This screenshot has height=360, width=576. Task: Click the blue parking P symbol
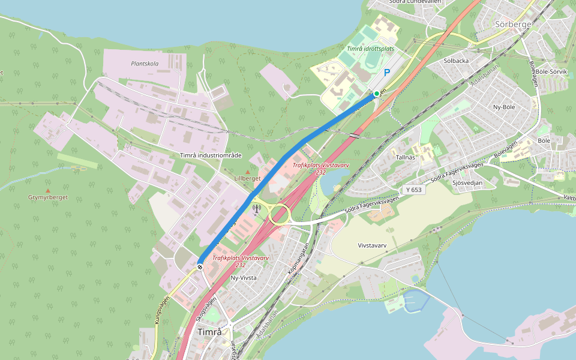click(387, 72)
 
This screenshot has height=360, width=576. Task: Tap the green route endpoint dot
click(377, 94)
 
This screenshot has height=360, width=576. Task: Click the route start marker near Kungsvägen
click(200, 267)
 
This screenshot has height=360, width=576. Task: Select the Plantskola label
click(145, 64)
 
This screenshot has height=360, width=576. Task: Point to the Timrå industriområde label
click(211, 155)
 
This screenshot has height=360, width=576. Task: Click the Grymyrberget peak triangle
click(48, 191)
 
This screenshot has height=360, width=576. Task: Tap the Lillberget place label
click(248, 179)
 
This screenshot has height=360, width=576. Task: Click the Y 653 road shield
click(413, 190)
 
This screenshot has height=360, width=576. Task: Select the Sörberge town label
click(514, 25)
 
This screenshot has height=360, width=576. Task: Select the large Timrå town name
click(209, 332)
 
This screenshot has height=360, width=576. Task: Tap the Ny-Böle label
click(504, 107)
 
